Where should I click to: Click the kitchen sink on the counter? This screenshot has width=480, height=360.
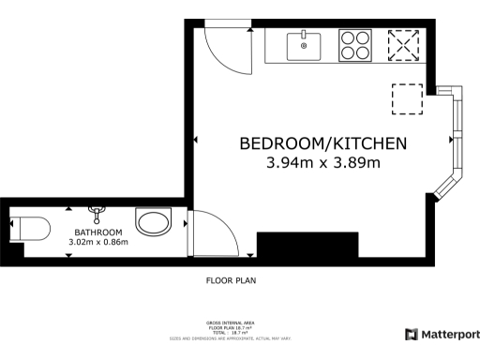tap(305, 44)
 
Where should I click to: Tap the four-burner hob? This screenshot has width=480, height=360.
tap(355, 45)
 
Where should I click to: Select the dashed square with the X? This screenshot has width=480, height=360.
tap(403, 44)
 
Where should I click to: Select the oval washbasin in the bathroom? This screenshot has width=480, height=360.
tap(153, 223)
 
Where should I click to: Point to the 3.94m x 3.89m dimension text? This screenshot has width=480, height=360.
tap(322, 163)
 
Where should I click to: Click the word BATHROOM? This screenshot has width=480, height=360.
tap(98, 232)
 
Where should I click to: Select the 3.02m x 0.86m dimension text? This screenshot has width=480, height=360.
tap(98, 243)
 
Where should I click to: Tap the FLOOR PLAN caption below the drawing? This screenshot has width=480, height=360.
tap(231, 279)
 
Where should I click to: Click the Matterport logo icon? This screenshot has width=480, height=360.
tap(411, 334)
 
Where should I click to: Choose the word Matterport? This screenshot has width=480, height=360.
tap(450, 334)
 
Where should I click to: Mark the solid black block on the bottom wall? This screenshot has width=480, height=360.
tap(307, 246)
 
